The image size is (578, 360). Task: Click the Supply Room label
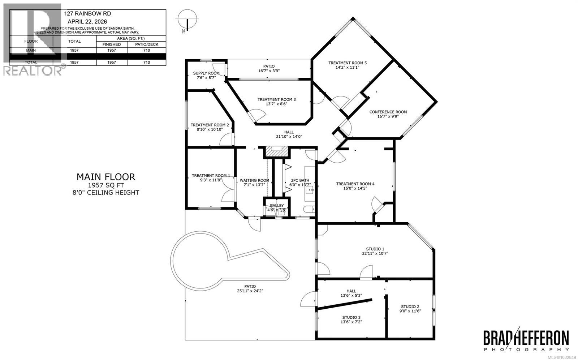pos(206,73)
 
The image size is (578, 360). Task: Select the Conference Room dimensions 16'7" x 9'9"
pos(388,116)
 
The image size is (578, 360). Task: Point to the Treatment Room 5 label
pos(347,63)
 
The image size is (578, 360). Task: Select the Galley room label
pos(277,205)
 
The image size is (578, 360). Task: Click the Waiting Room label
pos(254,180)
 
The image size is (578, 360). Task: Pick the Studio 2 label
pos(410,306)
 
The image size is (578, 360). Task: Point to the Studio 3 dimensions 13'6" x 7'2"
pos(351,322)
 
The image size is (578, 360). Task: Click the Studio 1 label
pos(375,249)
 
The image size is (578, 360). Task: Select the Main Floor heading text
pos(106,177)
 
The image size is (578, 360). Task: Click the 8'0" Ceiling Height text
pos(106,193)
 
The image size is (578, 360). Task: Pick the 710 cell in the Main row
pos(146,51)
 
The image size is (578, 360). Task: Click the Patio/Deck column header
pos(146,44)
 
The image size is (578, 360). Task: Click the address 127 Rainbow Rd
pos(87,13)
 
